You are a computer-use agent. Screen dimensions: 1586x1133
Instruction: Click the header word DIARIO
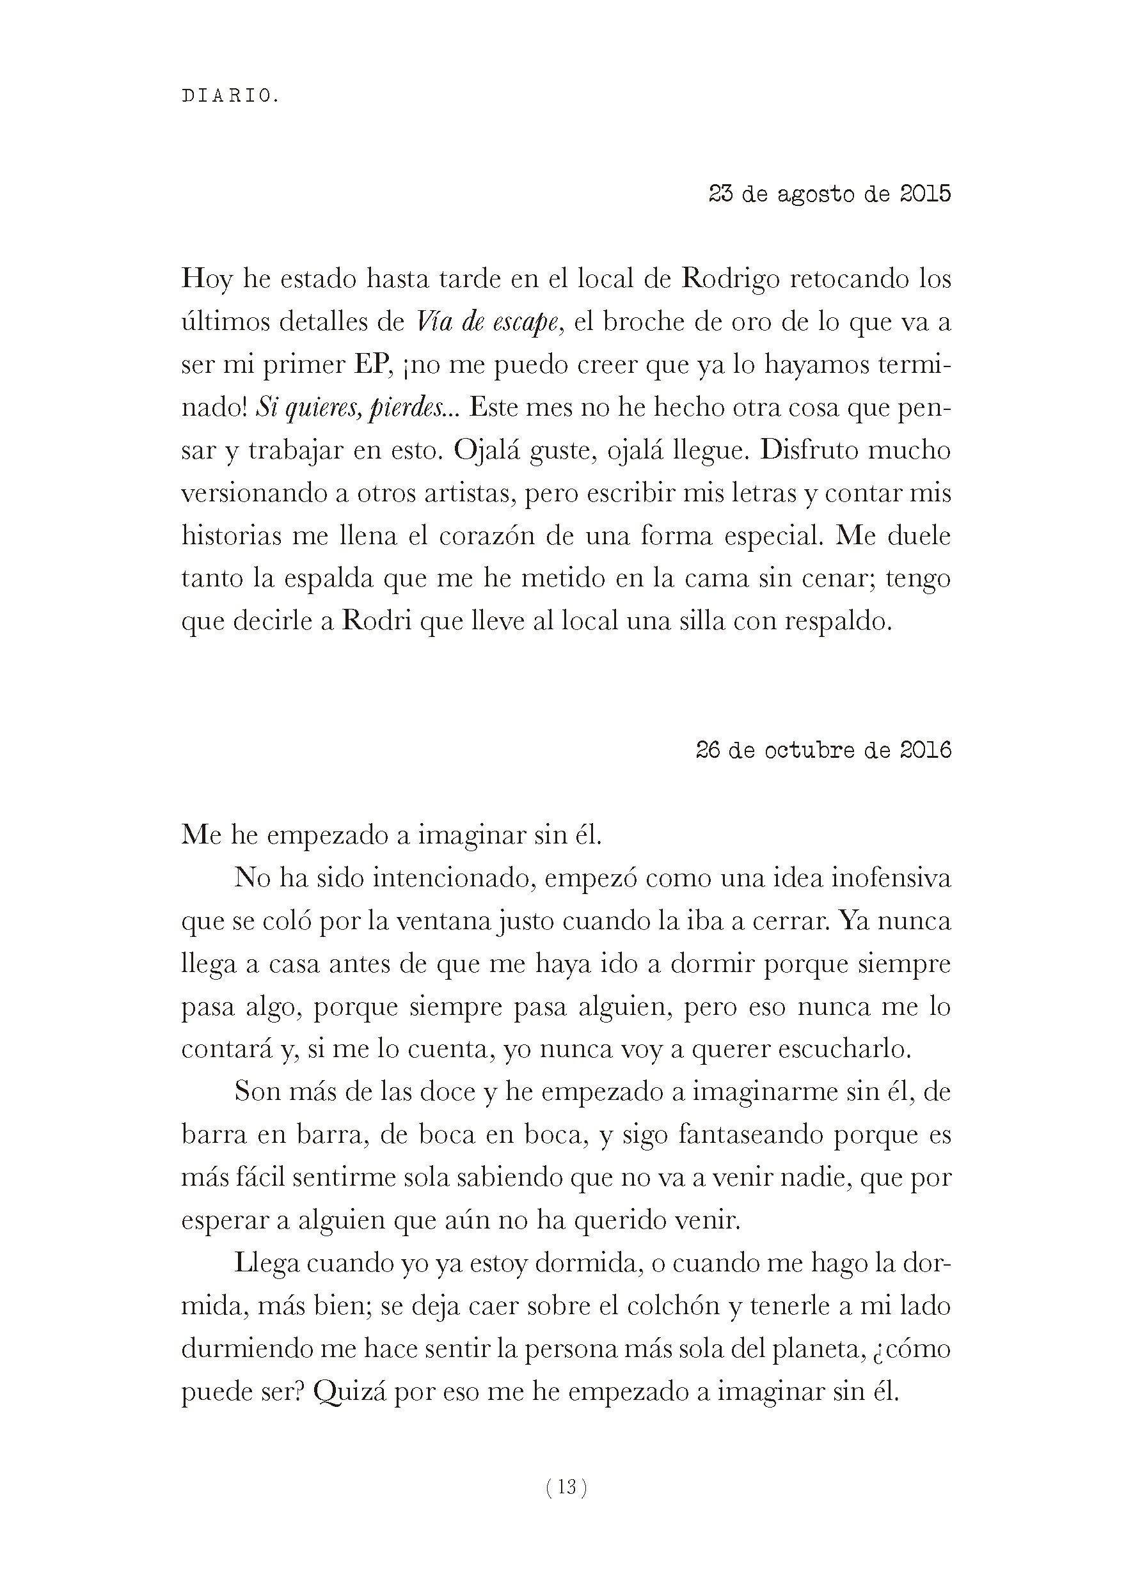click(230, 97)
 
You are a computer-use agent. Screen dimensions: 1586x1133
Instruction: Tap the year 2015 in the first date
click(925, 193)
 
